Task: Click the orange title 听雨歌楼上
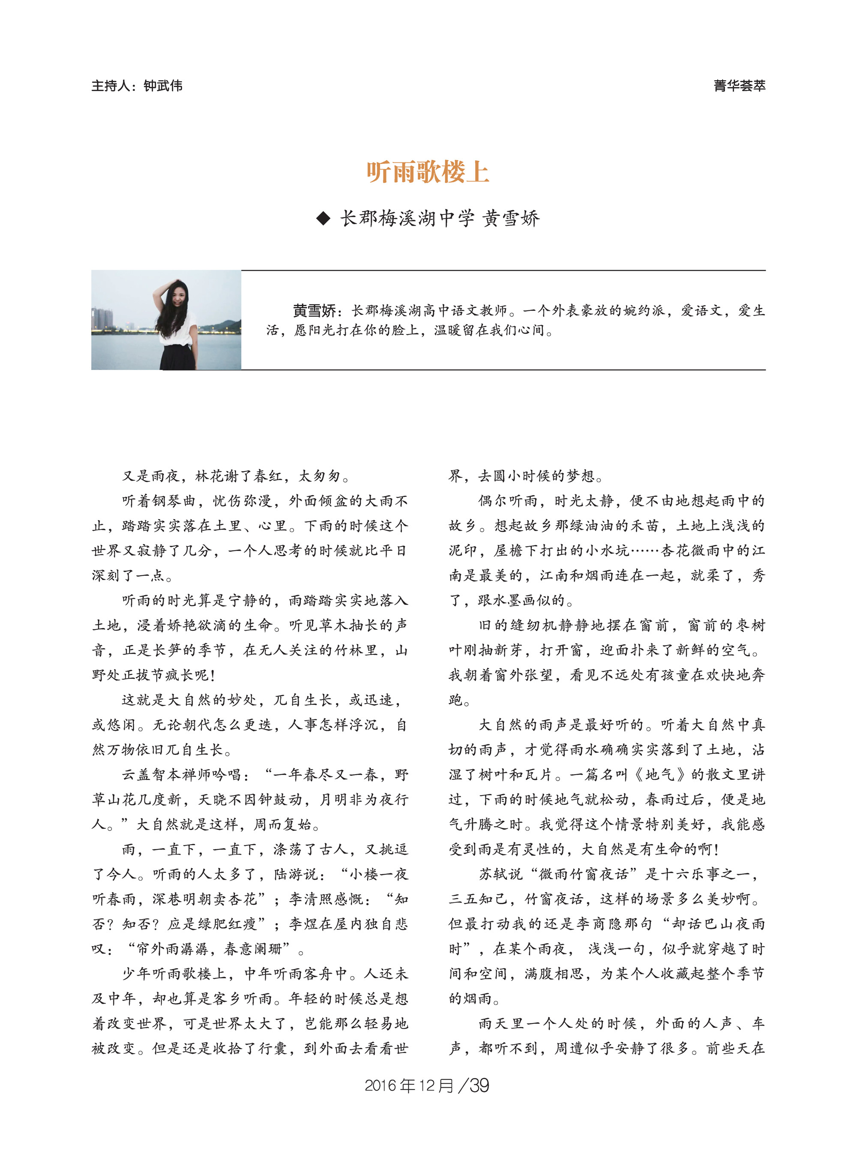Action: click(428, 172)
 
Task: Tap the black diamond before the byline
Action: click(323, 219)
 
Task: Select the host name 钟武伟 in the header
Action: click(163, 86)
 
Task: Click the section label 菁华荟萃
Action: click(739, 86)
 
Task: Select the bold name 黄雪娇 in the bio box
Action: click(315, 311)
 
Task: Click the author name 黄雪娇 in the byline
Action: click(511, 219)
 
